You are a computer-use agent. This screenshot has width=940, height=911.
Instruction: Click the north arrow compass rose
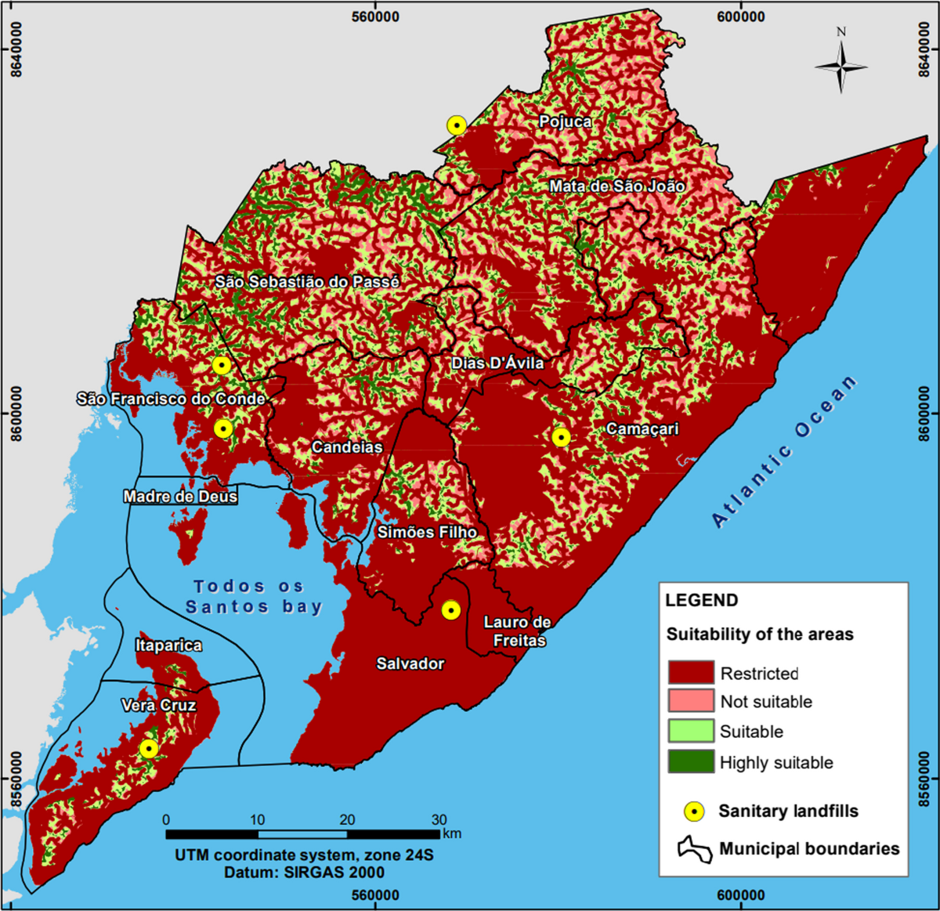(x=841, y=66)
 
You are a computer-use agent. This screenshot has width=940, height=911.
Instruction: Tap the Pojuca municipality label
(x=566, y=121)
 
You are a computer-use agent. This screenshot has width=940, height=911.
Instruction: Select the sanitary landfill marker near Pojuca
(x=457, y=125)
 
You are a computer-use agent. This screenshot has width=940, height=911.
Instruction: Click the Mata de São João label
(x=617, y=186)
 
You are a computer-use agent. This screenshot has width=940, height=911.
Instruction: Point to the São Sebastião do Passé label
(x=307, y=281)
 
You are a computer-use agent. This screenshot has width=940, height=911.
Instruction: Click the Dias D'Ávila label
(x=497, y=363)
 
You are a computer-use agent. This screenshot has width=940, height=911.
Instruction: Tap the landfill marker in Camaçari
(x=561, y=437)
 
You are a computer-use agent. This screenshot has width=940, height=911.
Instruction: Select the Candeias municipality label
(x=347, y=447)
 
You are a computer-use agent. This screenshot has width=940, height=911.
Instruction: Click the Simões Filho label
(x=427, y=533)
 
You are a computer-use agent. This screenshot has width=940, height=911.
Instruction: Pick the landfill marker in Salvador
(x=450, y=609)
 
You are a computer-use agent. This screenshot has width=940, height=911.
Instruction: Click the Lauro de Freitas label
(x=517, y=631)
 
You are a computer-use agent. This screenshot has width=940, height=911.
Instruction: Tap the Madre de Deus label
(x=180, y=497)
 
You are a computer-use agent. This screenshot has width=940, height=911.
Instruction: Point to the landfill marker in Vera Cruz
(x=149, y=749)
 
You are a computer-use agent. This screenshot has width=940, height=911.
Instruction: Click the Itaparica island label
(x=168, y=645)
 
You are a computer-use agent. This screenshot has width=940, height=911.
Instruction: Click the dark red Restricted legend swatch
(x=691, y=673)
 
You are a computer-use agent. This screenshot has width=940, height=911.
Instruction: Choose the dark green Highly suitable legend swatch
(x=691, y=762)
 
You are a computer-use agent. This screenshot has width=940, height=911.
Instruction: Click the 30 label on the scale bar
(x=439, y=820)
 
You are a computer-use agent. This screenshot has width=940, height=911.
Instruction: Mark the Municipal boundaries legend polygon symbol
(x=695, y=850)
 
